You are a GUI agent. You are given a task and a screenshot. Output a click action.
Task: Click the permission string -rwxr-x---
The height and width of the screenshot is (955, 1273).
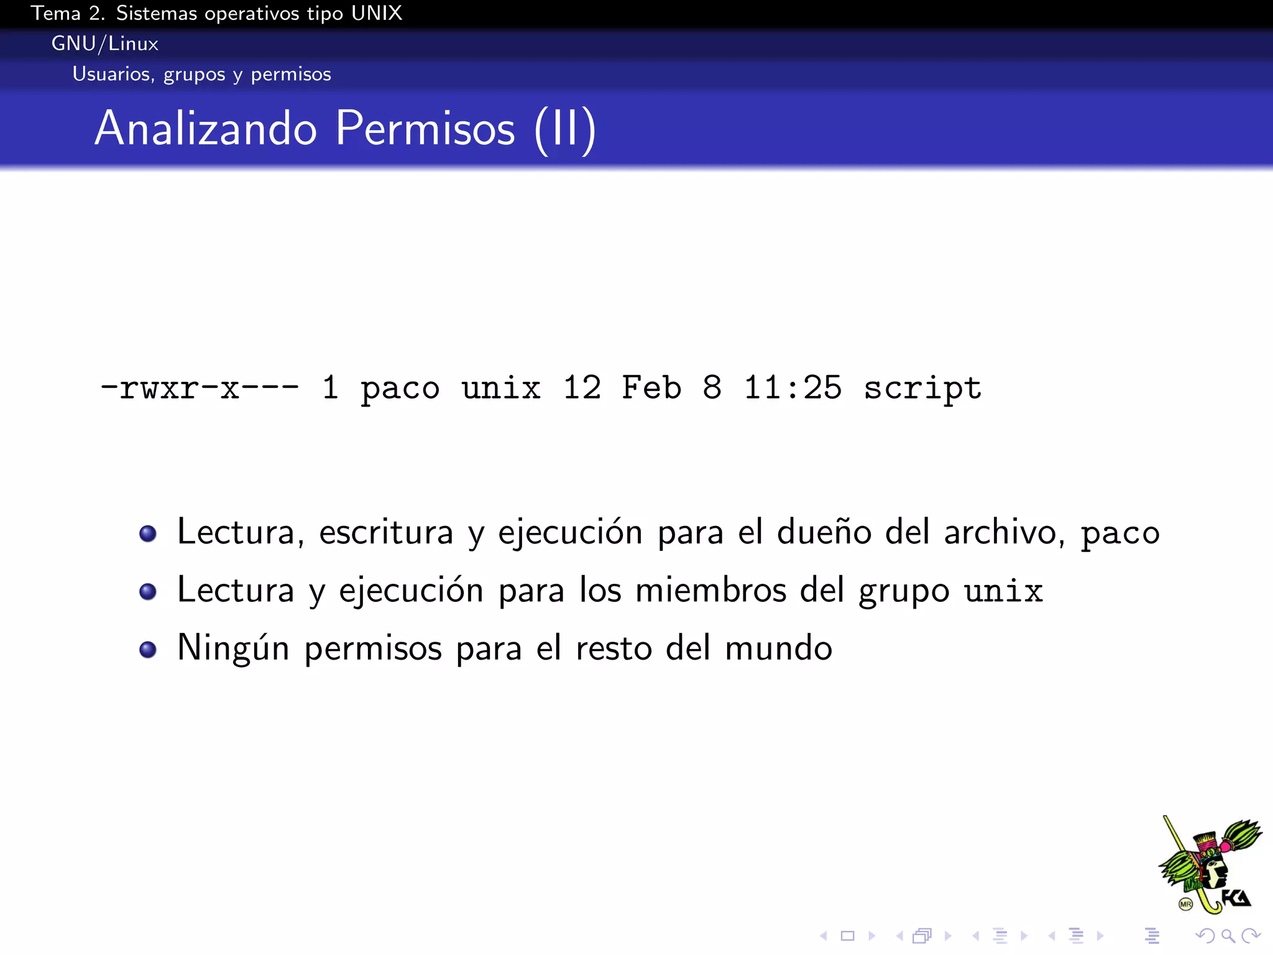[x=200, y=389]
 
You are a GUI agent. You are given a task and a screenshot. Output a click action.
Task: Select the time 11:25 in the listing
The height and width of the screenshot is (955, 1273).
[x=793, y=389]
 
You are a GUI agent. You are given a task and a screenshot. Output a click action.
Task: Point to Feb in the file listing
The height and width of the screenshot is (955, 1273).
[x=651, y=389]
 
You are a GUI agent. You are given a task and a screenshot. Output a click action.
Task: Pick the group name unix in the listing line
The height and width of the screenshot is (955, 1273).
[x=501, y=389]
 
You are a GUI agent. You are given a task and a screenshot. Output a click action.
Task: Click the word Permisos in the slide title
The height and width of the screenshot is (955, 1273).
[x=425, y=129]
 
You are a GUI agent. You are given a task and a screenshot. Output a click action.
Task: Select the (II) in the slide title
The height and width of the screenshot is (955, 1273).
[x=565, y=129]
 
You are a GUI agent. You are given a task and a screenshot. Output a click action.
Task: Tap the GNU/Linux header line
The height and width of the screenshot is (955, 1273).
[x=105, y=44]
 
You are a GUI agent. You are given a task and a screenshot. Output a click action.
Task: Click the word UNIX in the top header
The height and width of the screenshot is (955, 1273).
[x=377, y=13]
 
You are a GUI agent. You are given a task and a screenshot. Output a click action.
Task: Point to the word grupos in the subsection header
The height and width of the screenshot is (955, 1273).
[x=194, y=75]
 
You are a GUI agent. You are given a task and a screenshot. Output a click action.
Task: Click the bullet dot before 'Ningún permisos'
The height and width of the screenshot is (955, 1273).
[x=148, y=650]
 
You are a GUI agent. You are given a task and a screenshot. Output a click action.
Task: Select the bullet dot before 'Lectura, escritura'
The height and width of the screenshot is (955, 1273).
[x=148, y=533]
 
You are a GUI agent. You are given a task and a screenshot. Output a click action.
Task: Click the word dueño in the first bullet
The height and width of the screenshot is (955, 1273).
[x=824, y=533]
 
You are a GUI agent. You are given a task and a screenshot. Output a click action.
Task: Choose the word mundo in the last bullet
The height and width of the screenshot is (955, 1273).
[x=778, y=648]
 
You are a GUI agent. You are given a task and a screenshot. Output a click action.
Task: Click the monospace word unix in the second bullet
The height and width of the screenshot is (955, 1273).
[x=1003, y=591]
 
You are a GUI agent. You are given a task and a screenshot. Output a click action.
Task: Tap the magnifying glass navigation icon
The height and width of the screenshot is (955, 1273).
[x=1228, y=936]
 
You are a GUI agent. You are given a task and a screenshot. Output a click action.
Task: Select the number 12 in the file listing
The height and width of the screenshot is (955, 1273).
[x=582, y=389]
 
